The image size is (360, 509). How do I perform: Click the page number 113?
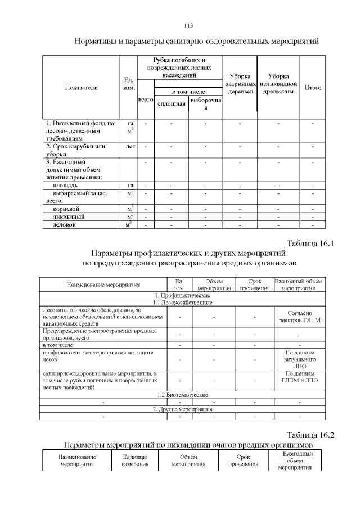click(188, 26)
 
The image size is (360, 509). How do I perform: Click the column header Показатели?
click(81, 87)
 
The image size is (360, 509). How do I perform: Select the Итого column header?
click(312, 87)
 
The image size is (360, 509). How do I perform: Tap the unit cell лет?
click(130, 147)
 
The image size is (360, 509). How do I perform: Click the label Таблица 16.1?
click(310, 244)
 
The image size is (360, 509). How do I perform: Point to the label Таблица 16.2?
click(310, 435)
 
